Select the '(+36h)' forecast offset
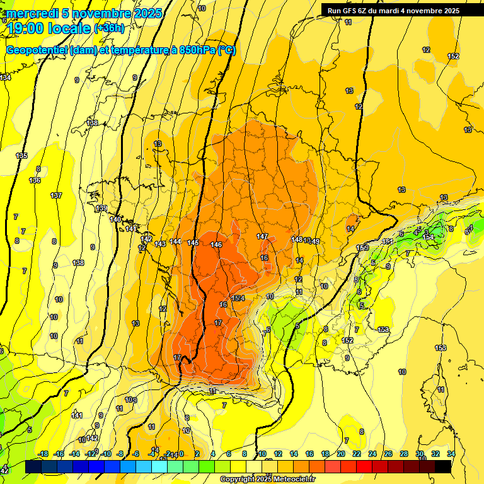pos(109,28)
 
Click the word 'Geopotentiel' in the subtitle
pos(37,50)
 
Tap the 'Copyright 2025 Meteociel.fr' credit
pos(267,480)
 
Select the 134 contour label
pos(6,78)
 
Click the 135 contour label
pos(22,156)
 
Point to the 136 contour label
pos(35,181)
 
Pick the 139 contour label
pos(101,208)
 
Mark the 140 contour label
pos(115,219)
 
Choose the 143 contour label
pos(160,244)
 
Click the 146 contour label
pos(216,245)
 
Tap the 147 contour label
pos(263,236)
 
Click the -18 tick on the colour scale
pos(44,454)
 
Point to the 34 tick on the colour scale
pos(451,454)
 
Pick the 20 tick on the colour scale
pos(341,454)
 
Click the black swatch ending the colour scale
pos(443,466)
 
